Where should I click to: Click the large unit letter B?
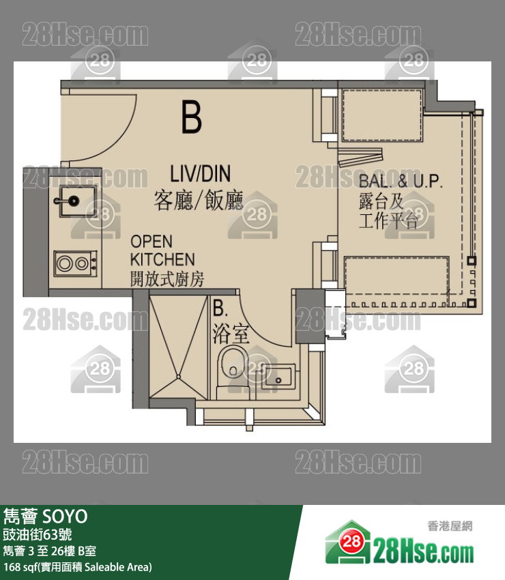pyautogui.click(x=192, y=117)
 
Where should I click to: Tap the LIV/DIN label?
pyautogui.click(x=200, y=173)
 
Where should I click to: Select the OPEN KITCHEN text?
pyautogui.click(x=162, y=250)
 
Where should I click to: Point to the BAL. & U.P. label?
pyautogui.click(x=401, y=181)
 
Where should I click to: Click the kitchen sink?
pyautogui.click(x=78, y=201)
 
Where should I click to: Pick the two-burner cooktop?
pyautogui.click(x=76, y=263)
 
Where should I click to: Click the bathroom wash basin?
pyautogui.click(x=278, y=377)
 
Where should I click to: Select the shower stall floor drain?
pyautogui.click(x=178, y=377)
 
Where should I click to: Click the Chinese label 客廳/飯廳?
pyautogui.click(x=199, y=200)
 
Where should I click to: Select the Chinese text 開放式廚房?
pyautogui.click(x=167, y=279)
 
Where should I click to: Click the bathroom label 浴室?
pyautogui.click(x=231, y=334)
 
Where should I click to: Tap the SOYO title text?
pyautogui.click(x=65, y=517)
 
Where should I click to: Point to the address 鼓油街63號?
pyautogui.click(x=38, y=534)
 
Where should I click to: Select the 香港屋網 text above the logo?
pyautogui.click(x=450, y=525)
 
